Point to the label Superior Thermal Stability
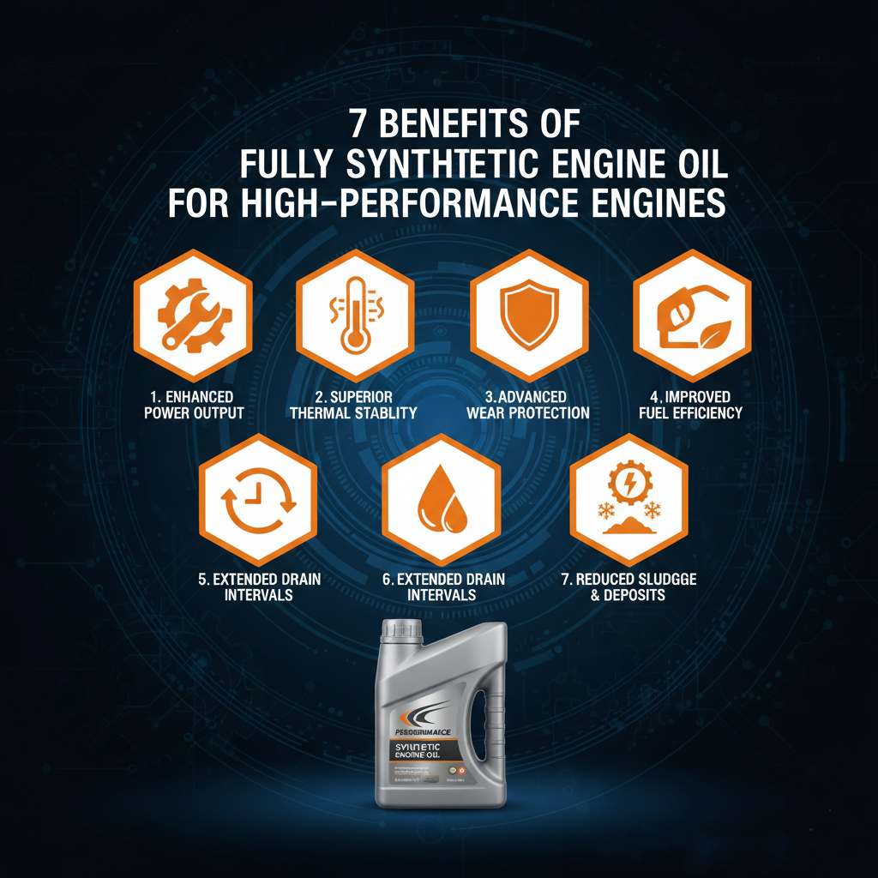(353, 405)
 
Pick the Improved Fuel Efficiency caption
(691, 405)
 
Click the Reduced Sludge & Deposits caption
(628, 586)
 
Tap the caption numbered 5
(259, 586)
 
